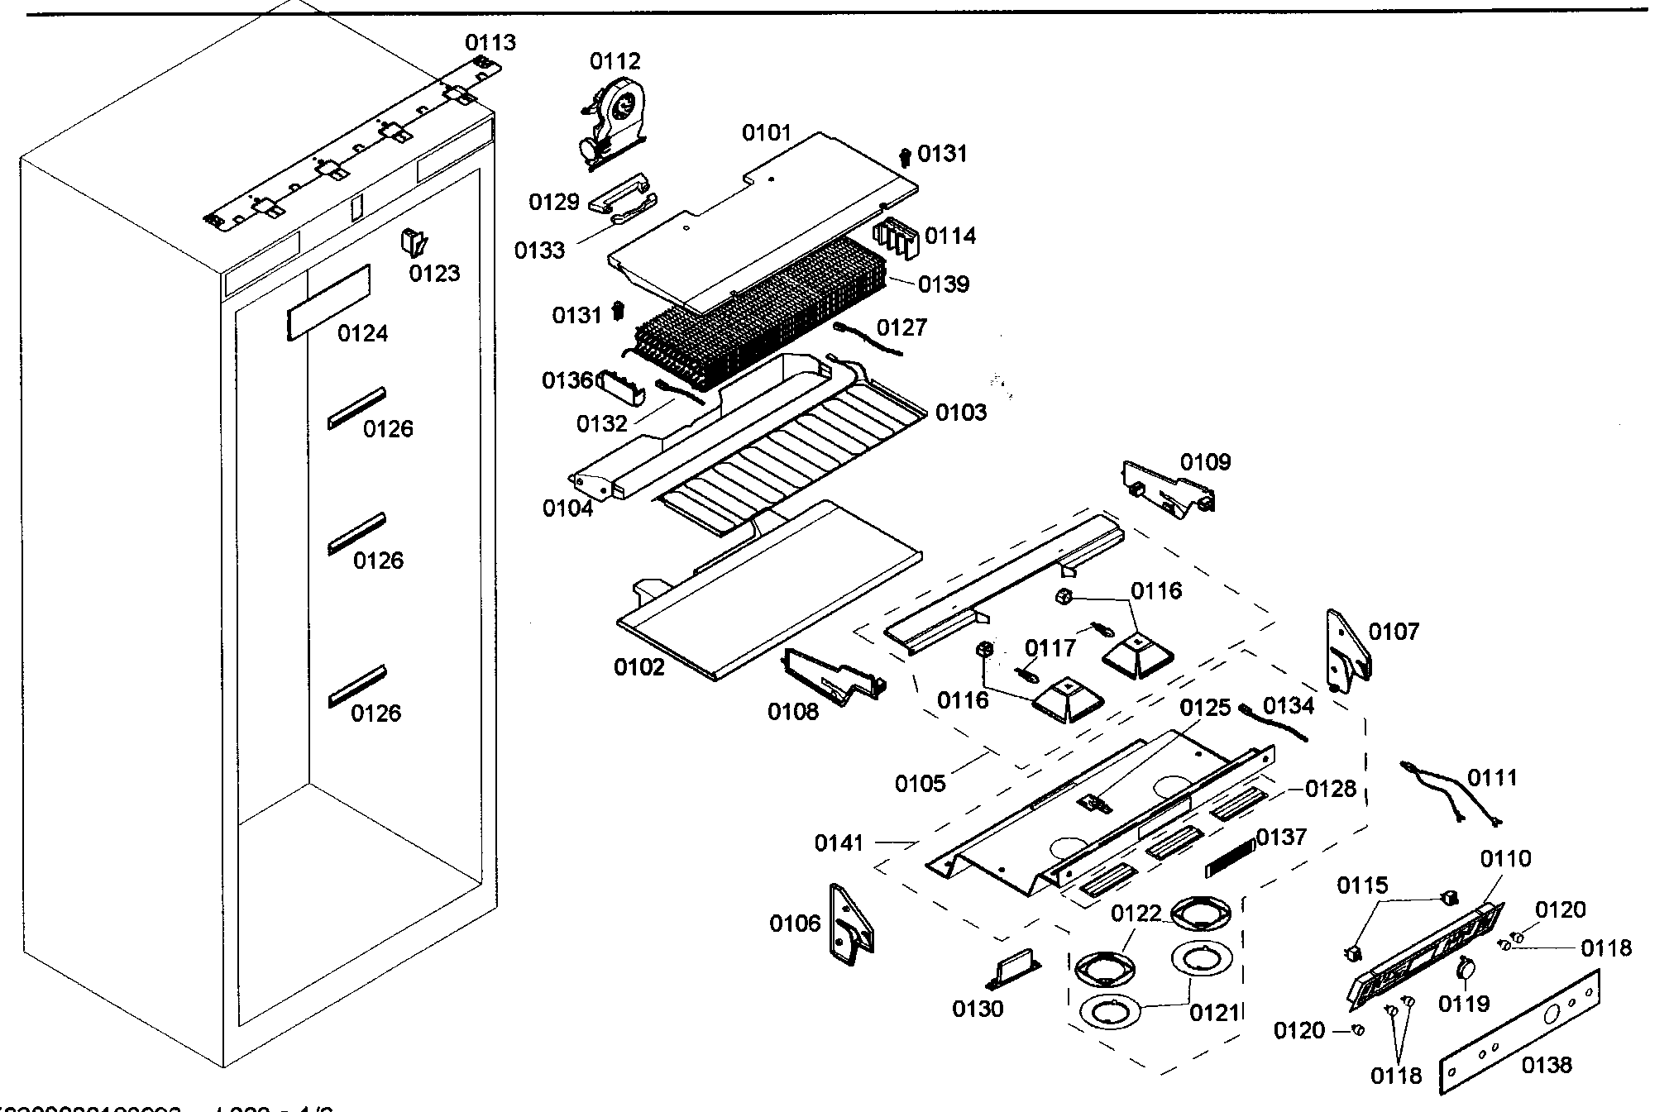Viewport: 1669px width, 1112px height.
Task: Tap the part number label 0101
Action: tap(766, 133)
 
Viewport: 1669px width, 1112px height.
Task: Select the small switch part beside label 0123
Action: tap(413, 242)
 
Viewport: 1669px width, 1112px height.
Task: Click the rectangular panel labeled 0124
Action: tap(328, 302)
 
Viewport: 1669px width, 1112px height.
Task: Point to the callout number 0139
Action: tap(944, 284)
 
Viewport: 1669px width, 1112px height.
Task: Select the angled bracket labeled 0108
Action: tap(830, 672)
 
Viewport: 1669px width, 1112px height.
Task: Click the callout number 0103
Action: tap(960, 413)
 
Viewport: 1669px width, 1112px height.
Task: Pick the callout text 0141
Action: tap(839, 843)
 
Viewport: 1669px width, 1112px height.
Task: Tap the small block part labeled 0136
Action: tap(620, 387)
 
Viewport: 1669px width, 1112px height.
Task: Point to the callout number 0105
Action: tap(920, 783)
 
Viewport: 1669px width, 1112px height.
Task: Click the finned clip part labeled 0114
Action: tap(897, 237)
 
